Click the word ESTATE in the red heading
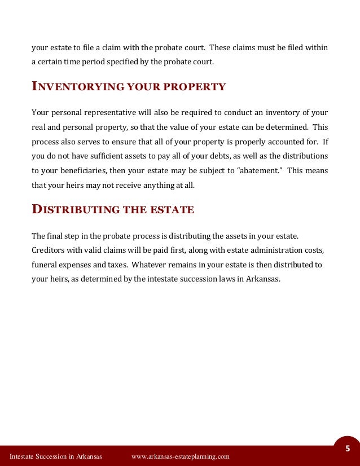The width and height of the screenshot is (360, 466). (172, 210)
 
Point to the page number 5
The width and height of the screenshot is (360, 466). (348, 449)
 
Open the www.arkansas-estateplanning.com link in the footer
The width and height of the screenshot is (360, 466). (180, 456)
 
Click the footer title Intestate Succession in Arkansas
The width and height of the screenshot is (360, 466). (55, 456)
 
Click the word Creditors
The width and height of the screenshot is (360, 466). (48, 249)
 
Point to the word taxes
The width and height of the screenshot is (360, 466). (117, 264)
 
